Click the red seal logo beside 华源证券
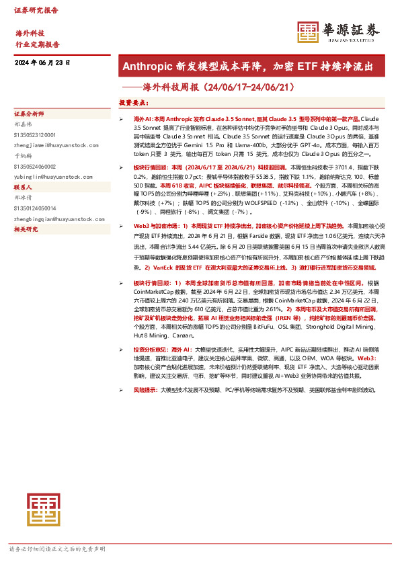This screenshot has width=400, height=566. [308, 32]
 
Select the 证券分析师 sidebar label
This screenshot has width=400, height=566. [29, 114]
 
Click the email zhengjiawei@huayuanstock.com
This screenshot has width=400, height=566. [53, 143]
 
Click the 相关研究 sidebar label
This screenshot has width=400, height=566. [26, 229]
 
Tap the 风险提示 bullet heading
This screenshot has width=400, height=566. [145, 389]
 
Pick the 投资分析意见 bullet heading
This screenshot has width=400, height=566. [148, 350]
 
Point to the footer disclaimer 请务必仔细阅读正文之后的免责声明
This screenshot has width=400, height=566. [57, 549]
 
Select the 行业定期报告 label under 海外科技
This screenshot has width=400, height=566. [37, 44]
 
